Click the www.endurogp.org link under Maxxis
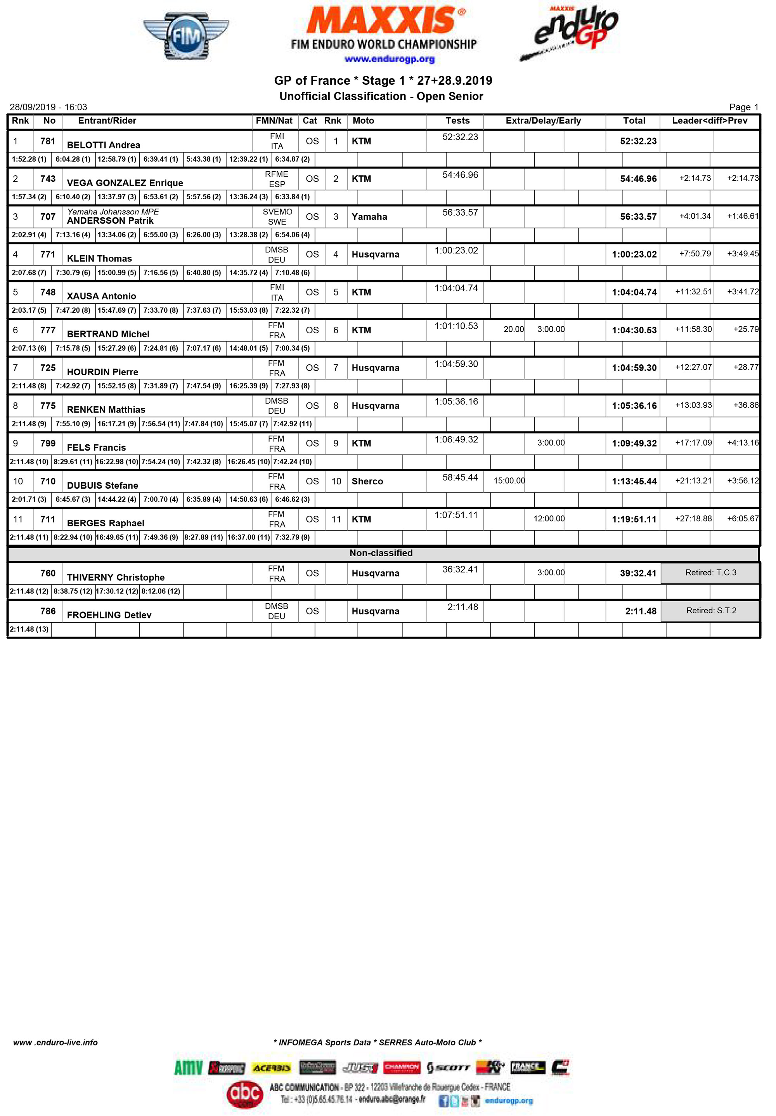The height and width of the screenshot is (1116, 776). click(x=390, y=59)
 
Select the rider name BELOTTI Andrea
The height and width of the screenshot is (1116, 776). click(x=104, y=145)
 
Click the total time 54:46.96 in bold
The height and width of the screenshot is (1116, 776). click(x=637, y=179)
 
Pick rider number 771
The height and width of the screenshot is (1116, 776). click(x=48, y=254)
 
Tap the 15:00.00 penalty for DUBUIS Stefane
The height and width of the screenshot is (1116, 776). click(x=509, y=481)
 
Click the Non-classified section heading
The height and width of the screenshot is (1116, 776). click(x=381, y=553)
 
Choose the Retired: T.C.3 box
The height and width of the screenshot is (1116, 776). click(x=710, y=573)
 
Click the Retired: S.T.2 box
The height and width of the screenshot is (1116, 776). click(x=710, y=611)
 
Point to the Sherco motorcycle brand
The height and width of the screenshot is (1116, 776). click(x=367, y=481)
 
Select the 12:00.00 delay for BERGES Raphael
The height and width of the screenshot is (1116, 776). click(x=549, y=519)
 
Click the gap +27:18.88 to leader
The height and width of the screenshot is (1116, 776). click(x=693, y=519)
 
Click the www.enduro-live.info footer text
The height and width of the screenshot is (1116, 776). click(x=55, y=1043)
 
